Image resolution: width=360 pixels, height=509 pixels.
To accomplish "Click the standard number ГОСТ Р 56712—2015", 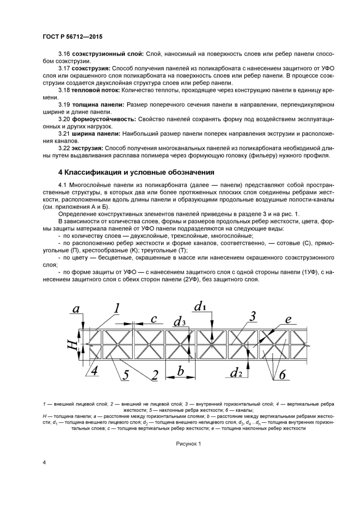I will tap(68, 37).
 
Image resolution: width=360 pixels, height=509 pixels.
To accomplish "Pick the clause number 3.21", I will tap(65, 133).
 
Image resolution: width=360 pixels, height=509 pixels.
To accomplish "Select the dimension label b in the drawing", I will tap(180, 371).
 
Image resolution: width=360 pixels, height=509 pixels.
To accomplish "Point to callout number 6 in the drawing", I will tap(283, 374).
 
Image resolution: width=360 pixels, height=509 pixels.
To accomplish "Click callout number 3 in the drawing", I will tap(253, 317).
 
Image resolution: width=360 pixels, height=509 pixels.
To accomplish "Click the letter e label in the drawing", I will tap(288, 319).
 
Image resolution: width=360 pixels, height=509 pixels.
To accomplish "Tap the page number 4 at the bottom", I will tap(45, 463).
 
